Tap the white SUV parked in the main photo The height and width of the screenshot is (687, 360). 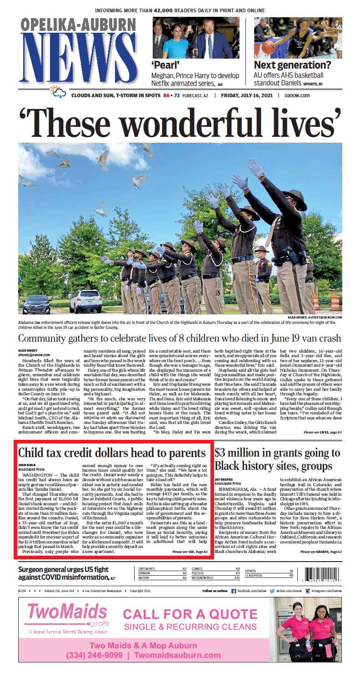85,300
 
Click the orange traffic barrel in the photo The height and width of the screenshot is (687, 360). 335,303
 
